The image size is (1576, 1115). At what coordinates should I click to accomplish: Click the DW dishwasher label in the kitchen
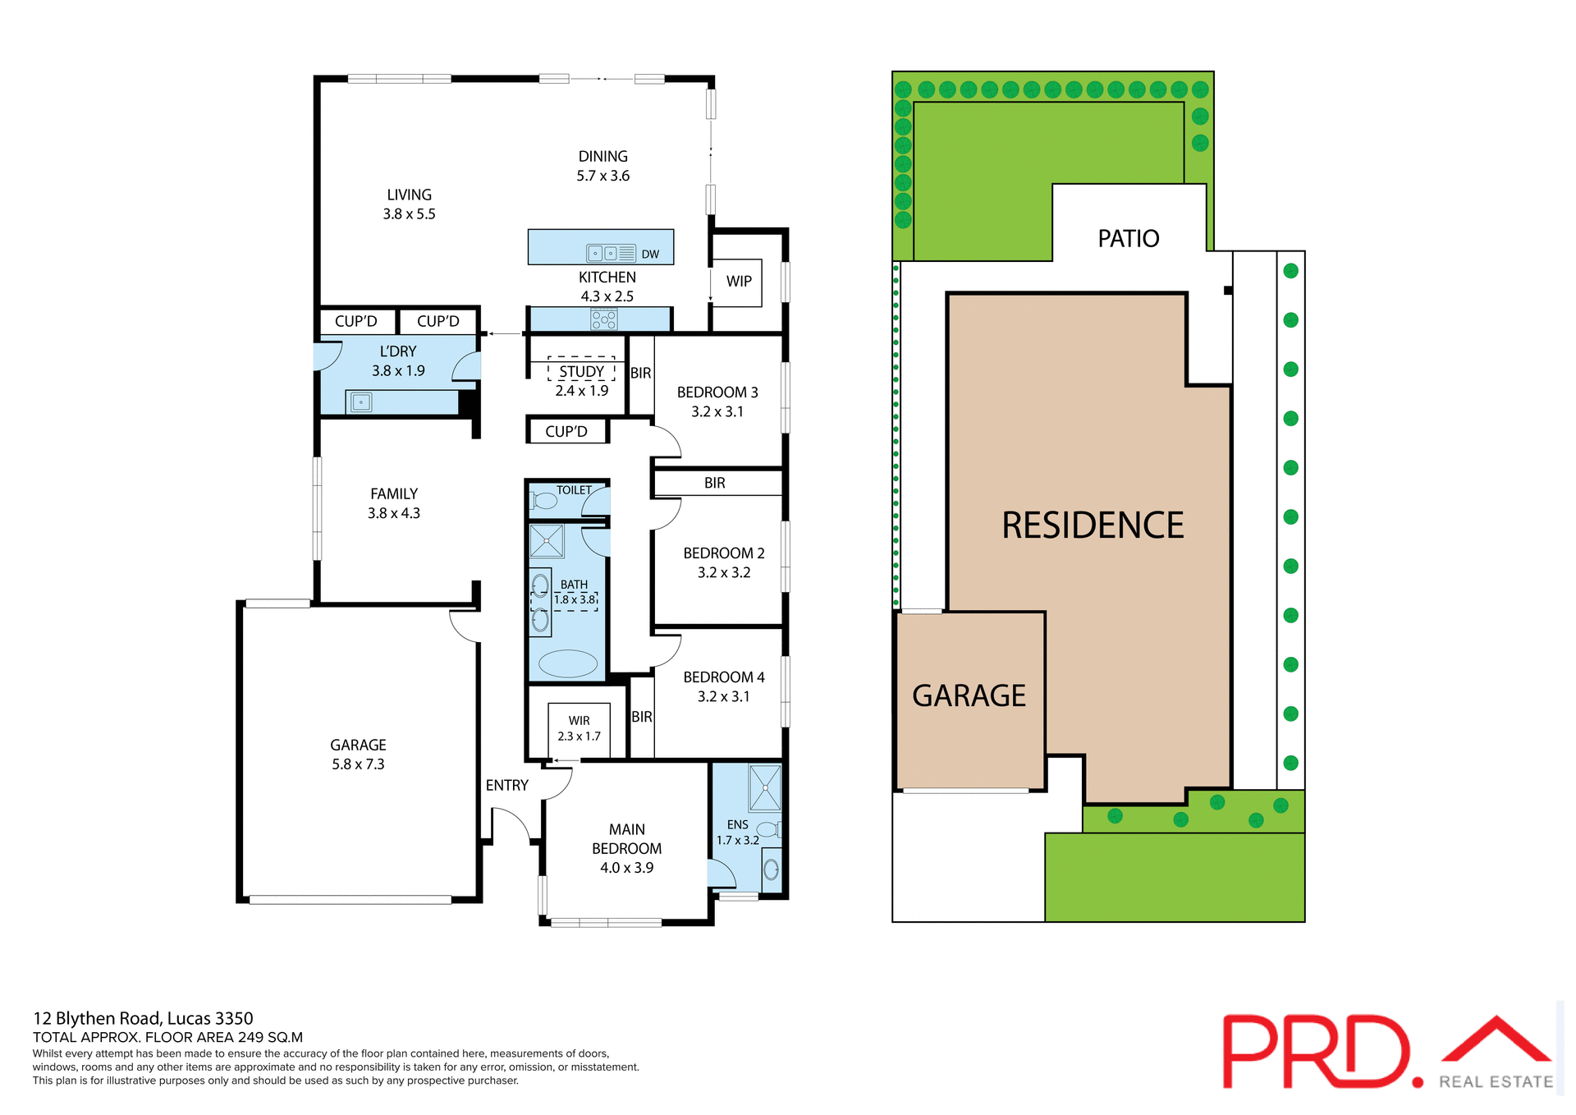(650, 255)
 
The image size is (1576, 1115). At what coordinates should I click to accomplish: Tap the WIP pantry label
(739, 282)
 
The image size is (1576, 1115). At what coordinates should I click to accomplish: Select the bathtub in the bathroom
(568, 663)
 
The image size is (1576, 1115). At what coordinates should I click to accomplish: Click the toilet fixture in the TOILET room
(543, 500)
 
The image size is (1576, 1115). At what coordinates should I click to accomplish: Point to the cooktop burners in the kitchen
(604, 319)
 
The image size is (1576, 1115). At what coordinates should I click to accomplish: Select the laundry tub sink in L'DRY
(360, 402)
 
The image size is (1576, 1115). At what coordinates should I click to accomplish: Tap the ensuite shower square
(765, 787)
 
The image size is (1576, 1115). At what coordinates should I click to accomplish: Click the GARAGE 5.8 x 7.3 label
(358, 755)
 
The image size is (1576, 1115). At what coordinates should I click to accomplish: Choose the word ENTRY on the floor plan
(506, 786)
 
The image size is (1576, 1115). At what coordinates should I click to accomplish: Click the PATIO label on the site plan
(1129, 239)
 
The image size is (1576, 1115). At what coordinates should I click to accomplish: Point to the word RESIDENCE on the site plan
(1093, 525)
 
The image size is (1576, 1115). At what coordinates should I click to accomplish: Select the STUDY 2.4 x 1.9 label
(581, 381)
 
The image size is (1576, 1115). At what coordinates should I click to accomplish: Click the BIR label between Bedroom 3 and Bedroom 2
(715, 484)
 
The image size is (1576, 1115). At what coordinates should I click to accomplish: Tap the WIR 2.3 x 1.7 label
(579, 728)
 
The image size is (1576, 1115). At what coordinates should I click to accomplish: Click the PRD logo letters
(1317, 1052)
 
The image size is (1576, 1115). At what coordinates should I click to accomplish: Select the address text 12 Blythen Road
(143, 1019)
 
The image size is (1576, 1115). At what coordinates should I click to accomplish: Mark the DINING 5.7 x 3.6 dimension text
(602, 176)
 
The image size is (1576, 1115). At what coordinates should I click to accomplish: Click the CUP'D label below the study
(566, 432)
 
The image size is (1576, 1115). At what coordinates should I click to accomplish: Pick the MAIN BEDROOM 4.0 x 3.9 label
(626, 849)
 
